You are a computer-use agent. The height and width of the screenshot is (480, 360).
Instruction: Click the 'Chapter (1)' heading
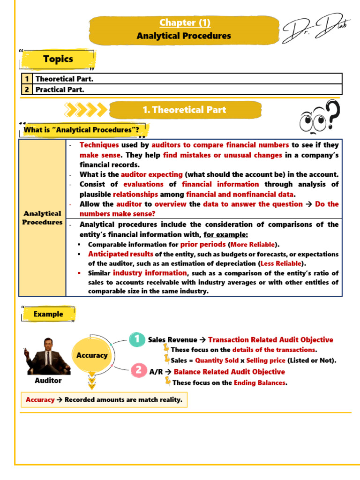(x=184, y=22)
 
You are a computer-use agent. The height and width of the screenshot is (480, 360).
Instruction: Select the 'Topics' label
(x=58, y=59)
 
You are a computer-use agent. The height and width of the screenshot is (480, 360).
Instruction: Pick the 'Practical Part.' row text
(x=60, y=89)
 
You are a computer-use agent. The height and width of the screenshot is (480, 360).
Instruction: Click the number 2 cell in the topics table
(x=27, y=89)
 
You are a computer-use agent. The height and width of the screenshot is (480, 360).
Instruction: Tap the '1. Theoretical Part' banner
(x=184, y=110)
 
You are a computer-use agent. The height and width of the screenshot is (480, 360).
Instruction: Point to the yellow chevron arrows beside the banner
(x=85, y=110)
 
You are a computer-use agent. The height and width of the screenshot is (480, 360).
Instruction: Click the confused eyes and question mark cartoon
(x=320, y=118)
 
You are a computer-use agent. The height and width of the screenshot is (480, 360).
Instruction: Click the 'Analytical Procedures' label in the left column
(x=42, y=217)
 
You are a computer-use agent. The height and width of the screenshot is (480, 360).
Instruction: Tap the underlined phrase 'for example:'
(x=225, y=234)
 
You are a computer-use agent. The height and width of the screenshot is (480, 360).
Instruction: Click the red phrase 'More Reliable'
(x=253, y=245)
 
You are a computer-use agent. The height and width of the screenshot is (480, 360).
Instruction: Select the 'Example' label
(x=48, y=314)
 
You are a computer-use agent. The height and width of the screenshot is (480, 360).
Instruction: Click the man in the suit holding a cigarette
(x=48, y=356)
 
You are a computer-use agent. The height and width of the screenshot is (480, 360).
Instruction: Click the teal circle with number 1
(x=137, y=339)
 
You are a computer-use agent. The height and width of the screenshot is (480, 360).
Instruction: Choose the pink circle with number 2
(x=138, y=371)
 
